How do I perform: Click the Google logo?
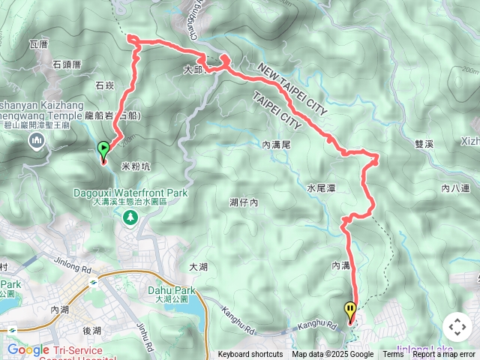click(28, 349)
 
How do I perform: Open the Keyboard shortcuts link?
click(250, 355)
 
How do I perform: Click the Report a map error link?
click(445, 355)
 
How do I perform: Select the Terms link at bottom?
click(393, 355)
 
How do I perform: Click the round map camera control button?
click(457, 327)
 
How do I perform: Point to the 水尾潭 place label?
click(319, 187)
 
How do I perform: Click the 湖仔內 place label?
click(244, 202)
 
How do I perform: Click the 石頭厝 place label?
click(67, 65)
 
